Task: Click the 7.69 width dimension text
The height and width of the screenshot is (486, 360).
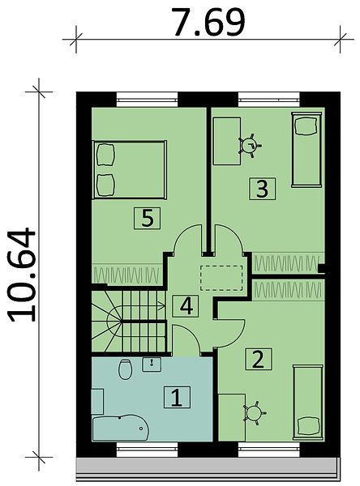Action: click(208, 22)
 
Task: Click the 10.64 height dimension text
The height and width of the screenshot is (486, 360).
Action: click(23, 275)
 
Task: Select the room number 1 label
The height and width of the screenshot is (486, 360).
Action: click(177, 397)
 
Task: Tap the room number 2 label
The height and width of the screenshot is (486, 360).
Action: click(259, 359)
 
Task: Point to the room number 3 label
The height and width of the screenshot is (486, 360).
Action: click(262, 189)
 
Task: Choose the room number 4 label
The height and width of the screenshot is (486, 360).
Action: click(186, 306)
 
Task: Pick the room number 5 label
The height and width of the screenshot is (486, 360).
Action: click(148, 219)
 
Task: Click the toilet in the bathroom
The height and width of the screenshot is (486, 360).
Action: click(125, 369)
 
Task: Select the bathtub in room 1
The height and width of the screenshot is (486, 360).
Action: click(121, 428)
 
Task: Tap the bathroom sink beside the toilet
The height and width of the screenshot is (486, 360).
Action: click(152, 364)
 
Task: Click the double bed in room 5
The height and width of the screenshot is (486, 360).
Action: click(130, 169)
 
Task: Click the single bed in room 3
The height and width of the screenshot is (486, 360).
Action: click(306, 150)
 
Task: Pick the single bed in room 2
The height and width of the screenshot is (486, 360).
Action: click(308, 402)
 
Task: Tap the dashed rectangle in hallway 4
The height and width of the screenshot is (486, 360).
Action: click(221, 278)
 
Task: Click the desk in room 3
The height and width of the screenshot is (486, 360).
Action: click(227, 141)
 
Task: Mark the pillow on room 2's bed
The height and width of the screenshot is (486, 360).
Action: click(308, 427)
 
